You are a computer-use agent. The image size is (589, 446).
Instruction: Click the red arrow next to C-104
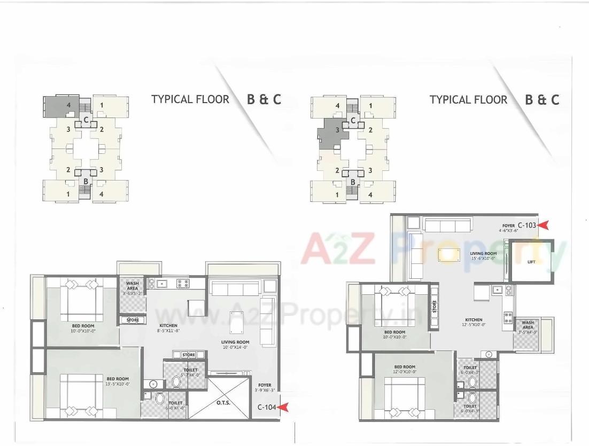285,408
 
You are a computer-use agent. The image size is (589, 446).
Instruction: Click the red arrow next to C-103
543,225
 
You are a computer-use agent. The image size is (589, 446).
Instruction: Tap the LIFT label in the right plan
531,262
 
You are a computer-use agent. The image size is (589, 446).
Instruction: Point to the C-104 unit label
267,408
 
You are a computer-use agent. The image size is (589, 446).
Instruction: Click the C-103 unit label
526,225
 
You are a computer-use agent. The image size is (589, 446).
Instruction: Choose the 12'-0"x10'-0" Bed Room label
404,369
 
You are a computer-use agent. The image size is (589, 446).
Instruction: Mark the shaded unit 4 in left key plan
60,107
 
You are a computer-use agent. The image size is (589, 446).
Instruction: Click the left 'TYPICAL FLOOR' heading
190,99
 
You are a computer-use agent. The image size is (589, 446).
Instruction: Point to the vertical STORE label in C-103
435,307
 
